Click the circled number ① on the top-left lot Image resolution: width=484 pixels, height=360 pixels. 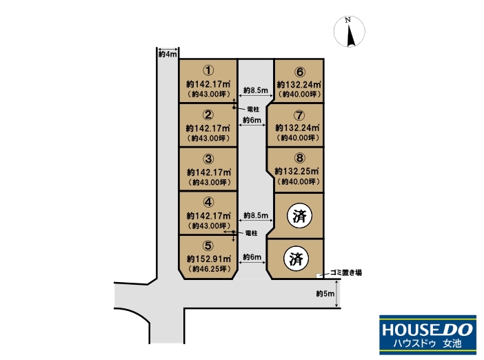[x=208, y=71]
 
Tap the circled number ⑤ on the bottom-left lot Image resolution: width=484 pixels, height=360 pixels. [x=208, y=246]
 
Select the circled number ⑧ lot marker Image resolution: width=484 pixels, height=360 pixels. [x=299, y=158]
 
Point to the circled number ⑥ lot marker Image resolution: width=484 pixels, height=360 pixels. [x=299, y=72]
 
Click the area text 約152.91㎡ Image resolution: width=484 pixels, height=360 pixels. [x=209, y=259]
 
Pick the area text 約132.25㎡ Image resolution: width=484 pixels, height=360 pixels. [x=297, y=171]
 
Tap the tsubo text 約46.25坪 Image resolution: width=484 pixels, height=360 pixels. [x=209, y=269]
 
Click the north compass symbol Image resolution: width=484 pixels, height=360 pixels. [x=350, y=32]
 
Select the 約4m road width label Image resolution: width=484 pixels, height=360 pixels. [x=168, y=54]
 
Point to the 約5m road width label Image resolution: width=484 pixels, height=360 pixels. [x=325, y=294]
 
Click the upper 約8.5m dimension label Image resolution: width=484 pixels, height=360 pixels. [x=256, y=90]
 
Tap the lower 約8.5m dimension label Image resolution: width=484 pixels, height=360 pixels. [x=256, y=215]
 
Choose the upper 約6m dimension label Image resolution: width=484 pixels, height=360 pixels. [x=252, y=120]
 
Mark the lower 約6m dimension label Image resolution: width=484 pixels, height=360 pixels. [x=252, y=257]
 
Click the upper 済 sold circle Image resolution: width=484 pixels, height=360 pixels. [x=299, y=215]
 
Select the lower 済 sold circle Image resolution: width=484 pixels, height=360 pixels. [x=296, y=259]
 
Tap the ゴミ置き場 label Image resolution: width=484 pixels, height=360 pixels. [x=345, y=272]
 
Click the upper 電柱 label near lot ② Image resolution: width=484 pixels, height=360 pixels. [x=254, y=109]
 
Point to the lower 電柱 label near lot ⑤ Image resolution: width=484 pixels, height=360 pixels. [x=251, y=233]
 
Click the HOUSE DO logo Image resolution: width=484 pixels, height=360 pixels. [x=428, y=334]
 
